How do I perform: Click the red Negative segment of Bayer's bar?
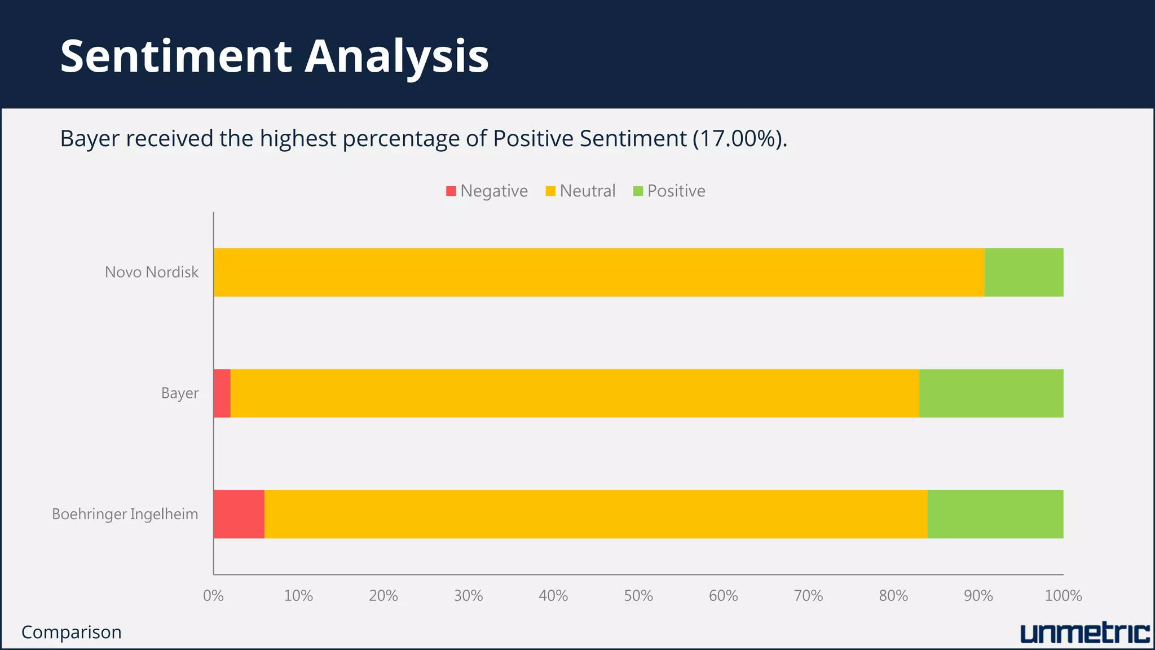tap(222, 393)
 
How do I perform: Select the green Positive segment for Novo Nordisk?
tap(1024, 273)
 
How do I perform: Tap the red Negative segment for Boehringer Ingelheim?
tap(239, 514)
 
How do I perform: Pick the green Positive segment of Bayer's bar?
tap(991, 393)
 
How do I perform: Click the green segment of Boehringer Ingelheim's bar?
tap(995, 514)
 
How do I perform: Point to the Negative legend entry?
tap(487, 191)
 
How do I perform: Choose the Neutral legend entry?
tap(581, 191)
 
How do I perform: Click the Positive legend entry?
tap(669, 191)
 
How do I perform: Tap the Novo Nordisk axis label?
tap(152, 273)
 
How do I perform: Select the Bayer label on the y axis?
tap(180, 393)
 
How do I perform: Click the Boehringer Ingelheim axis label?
tap(125, 515)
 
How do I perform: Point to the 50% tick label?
tap(638, 596)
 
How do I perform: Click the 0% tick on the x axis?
tap(213, 596)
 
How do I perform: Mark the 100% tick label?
tap(1063, 596)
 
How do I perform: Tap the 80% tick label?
tap(893, 596)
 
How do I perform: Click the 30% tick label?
tap(468, 596)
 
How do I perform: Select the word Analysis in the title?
tap(396, 56)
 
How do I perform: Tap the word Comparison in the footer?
tap(72, 633)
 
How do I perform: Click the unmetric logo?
tap(1085, 634)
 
